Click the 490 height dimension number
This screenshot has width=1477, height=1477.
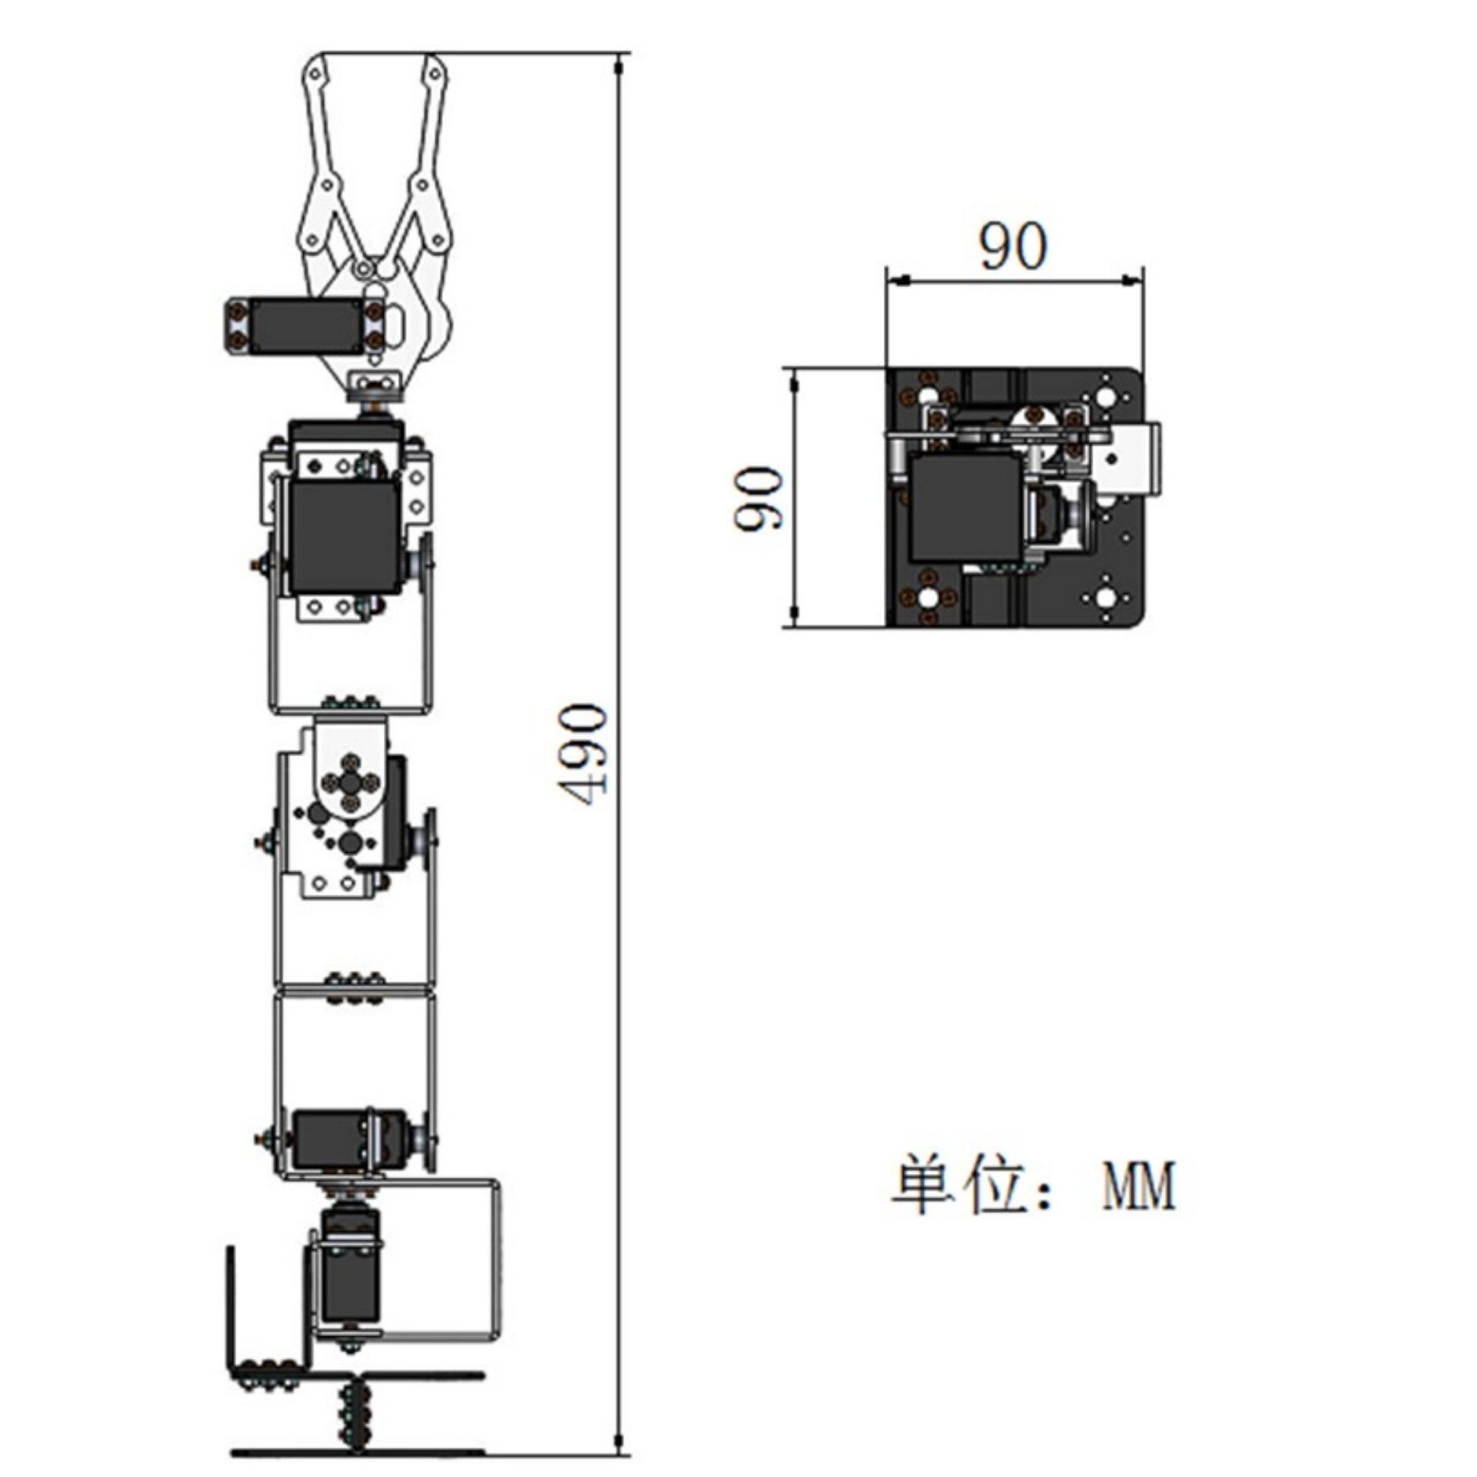pos(582,754)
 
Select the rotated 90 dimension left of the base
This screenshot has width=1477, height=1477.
pos(759,498)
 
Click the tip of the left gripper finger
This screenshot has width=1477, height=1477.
pos(315,62)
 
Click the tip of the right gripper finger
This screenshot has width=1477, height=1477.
pos(435,62)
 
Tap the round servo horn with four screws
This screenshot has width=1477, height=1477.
pos(351,782)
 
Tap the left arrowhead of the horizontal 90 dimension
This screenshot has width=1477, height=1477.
pos(899,280)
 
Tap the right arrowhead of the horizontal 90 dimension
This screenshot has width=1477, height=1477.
pos(1131,280)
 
